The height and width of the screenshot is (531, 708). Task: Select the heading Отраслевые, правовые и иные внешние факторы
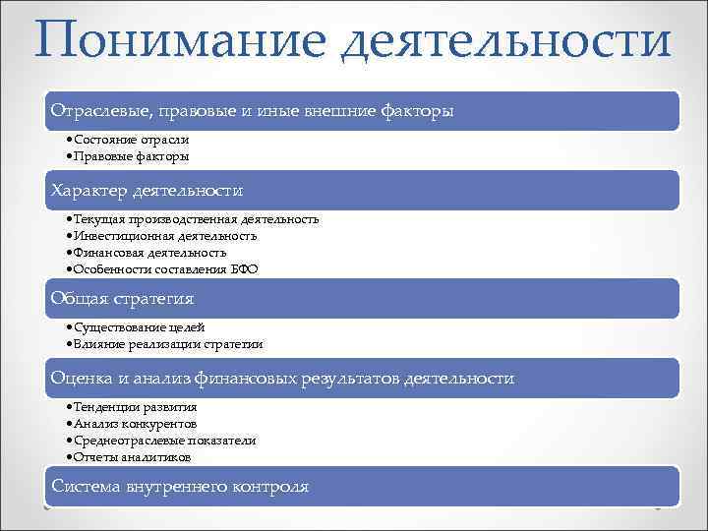click(253, 112)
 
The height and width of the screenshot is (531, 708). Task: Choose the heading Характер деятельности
click(147, 190)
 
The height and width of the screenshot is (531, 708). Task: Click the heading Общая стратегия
click(123, 298)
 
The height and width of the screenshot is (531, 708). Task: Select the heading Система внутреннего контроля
click(180, 487)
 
